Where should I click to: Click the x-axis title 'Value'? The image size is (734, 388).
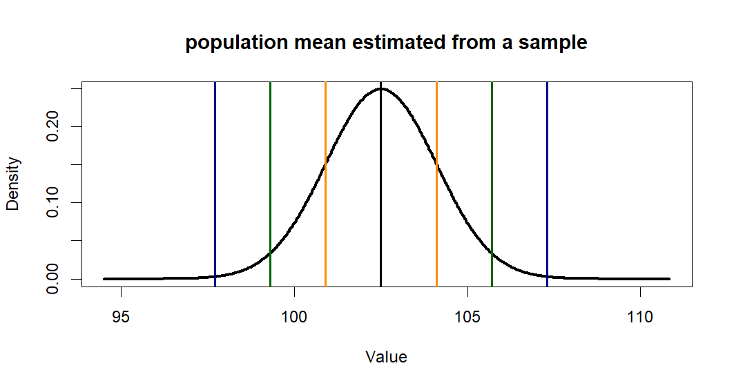386,358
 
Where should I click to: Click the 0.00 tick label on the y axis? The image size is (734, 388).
52,279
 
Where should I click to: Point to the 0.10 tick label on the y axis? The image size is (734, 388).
52,202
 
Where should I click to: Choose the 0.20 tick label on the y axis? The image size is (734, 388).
52,126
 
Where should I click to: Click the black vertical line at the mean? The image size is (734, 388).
381,207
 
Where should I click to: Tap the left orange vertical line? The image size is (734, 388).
325,221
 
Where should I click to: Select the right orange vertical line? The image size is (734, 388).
436,221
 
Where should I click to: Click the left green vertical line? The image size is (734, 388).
270,173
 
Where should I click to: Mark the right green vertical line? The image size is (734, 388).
492,173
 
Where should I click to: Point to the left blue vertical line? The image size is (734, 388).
215,173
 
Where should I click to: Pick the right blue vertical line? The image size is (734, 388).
547,173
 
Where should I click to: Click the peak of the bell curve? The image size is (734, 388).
381,88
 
